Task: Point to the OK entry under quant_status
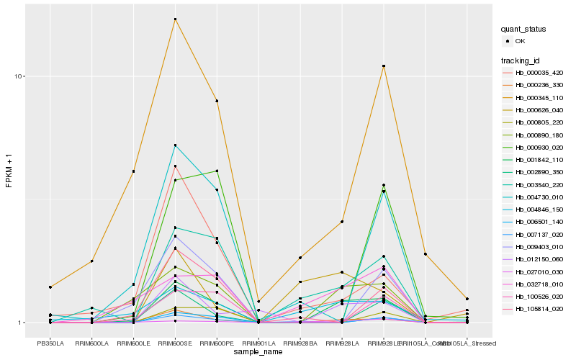[520, 41]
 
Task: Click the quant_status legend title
[523, 30]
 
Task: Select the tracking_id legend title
[521, 60]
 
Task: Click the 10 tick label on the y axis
[21, 76]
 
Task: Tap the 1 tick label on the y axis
[23, 323]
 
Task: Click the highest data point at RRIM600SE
[175, 19]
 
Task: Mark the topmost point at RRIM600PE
[217, 101]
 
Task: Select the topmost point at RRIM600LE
[133, 171]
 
